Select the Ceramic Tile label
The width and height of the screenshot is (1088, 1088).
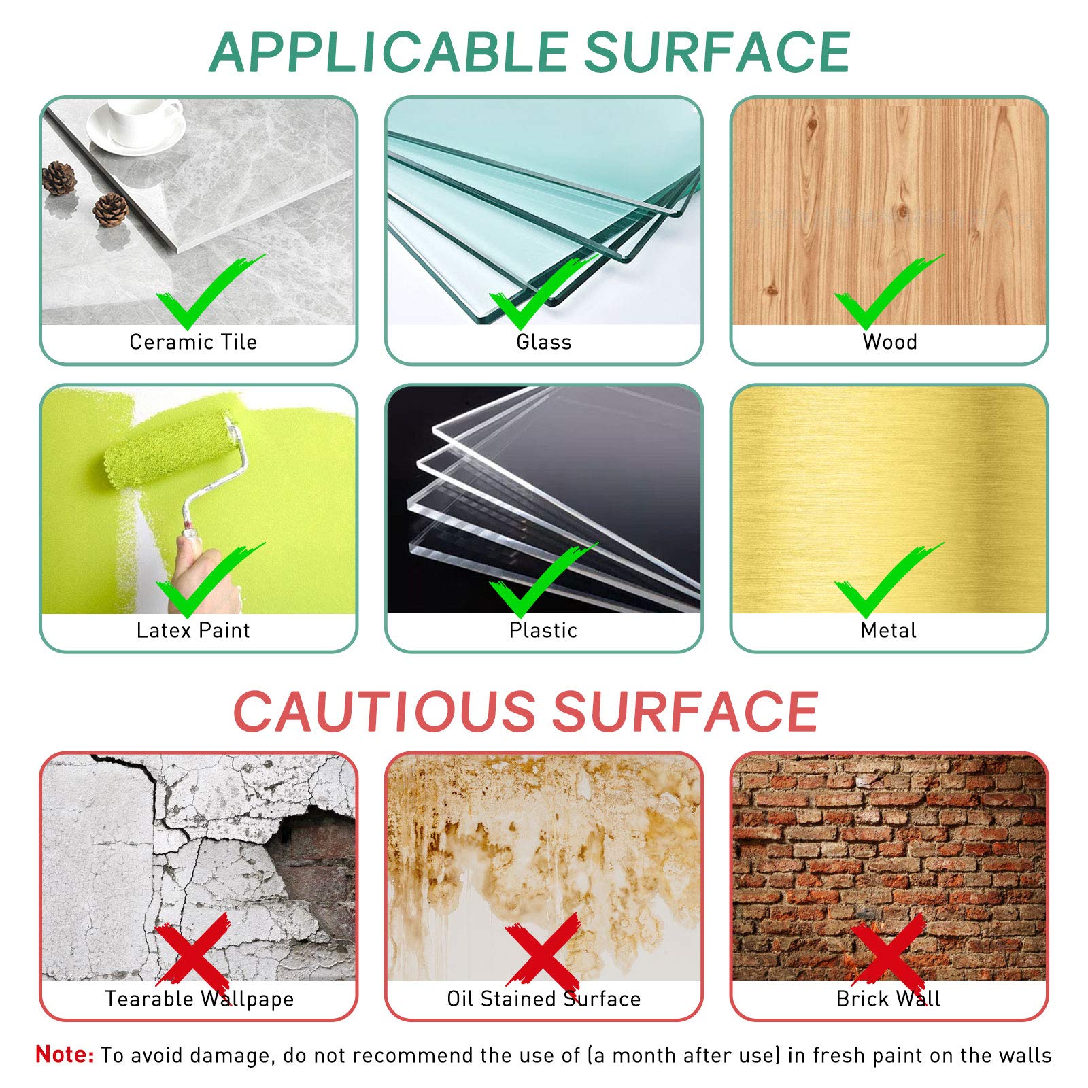pos(193,341)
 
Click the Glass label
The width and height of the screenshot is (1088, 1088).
pos(543,341)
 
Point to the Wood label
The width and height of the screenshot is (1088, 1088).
pos(889,341)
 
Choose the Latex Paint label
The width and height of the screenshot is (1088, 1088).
pos(193,630)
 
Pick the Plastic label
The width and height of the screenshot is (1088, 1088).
pos(543,630)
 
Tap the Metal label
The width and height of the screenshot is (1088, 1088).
pos(889,630)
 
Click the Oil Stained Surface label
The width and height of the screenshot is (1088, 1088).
pos(543,998)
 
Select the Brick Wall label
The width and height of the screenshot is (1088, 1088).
pos(889,998)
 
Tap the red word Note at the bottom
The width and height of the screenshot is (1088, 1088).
pos(65,1054)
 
